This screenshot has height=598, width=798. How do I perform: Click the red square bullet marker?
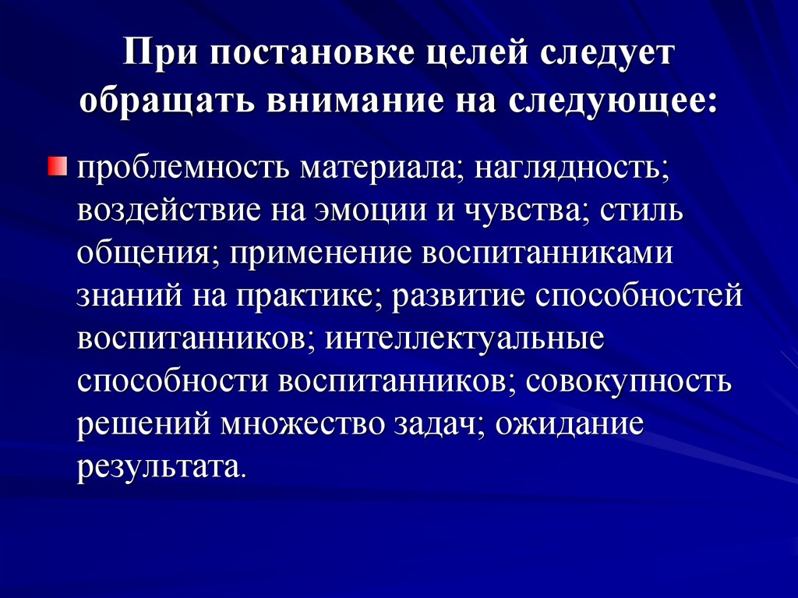click(58, 166)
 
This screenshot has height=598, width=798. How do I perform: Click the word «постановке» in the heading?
click(312, 52)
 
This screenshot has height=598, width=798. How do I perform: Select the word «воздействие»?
click(168, 211)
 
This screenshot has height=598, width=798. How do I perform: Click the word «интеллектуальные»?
click(464, 338)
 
